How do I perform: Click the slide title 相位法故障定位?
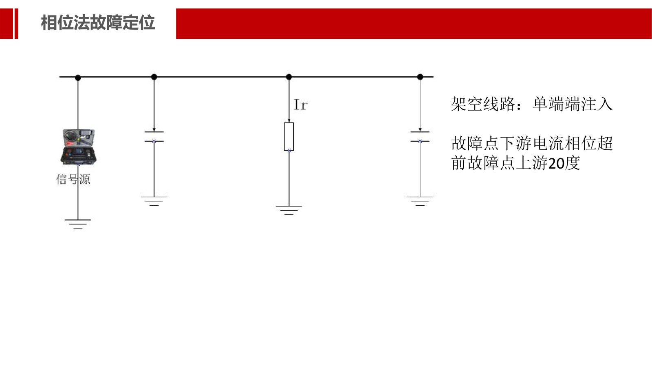point(98,23)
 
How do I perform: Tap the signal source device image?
point(78,147)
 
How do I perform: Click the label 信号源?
point(73,179)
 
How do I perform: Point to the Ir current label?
point(300,105)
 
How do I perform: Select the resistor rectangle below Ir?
point(289,136)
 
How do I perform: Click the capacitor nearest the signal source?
point(154,136)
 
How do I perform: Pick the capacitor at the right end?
point(420,136)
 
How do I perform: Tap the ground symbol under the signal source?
point(78,224)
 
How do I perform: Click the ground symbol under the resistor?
point(289,210)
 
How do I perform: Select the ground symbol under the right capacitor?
point(420,201)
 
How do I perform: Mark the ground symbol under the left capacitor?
point(154,201)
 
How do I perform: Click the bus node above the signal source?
point(78,77)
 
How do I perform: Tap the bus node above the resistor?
point(289,77)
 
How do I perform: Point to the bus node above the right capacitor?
point(420,77)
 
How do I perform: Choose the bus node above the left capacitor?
point(154,77)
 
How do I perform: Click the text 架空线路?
point(482,105)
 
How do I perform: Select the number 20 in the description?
point(556,164)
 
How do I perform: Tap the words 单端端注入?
point(572,105)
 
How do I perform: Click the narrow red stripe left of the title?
point(16,24)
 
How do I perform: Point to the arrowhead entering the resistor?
point(289,120)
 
